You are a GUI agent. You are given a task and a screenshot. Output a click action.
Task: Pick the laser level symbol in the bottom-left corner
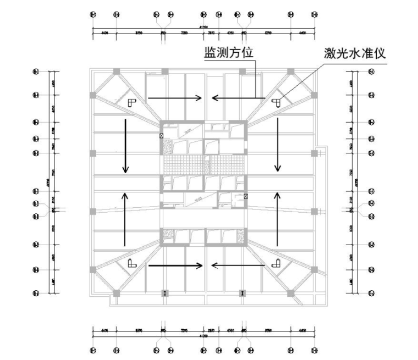pyautogui.click(x=131, y=263)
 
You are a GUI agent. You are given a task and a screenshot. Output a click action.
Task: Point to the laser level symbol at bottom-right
pyautogui.click(x=276, y=263)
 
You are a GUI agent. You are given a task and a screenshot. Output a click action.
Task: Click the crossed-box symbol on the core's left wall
pyautogui.click(x=161, y=135)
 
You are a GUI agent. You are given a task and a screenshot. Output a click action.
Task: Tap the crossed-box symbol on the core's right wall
pyautogui.click(x=245, y=196)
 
